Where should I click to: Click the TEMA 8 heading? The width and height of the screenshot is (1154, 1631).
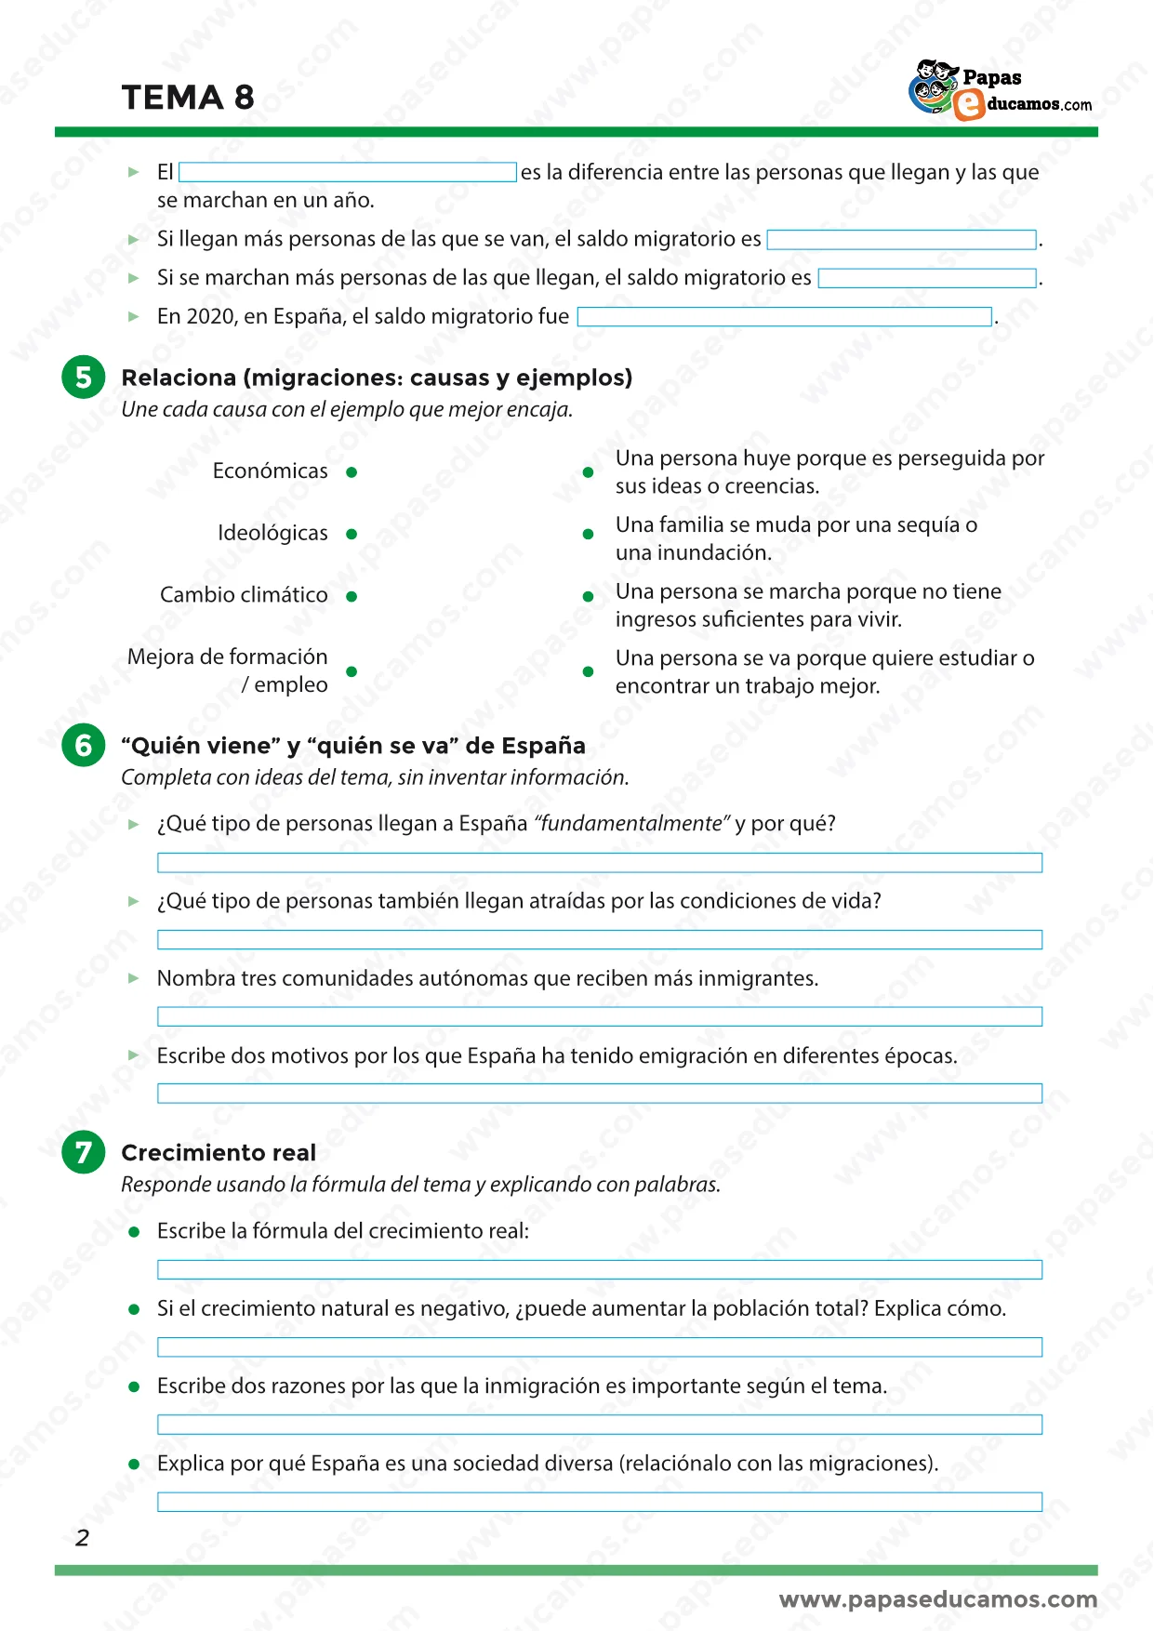coord(188,98)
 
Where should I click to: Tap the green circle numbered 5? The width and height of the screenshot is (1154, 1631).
coord(84,378)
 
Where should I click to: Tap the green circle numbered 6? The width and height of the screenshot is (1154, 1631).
coord(84,746)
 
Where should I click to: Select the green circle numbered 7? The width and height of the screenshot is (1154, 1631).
coord(84,1152)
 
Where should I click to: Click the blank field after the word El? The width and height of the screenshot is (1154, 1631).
coord(347,172)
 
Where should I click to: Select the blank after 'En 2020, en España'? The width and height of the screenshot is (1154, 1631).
coord(784,317)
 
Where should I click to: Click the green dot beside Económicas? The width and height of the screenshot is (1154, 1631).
coord(352,472)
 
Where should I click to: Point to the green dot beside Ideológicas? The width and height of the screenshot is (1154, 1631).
coord(352,534)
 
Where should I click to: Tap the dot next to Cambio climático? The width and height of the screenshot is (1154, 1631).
coord(352,596)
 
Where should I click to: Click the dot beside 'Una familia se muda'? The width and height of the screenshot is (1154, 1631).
coord(588,534)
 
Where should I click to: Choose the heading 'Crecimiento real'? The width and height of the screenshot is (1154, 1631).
coord(219,1153)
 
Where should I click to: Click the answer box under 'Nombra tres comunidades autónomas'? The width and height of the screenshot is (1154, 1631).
coord(599,1016)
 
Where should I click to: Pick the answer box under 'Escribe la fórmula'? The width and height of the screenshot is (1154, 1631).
coord(599,1269)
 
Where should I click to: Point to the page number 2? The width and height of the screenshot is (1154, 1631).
coord(82,1538)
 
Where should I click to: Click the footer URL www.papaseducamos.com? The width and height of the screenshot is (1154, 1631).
coord(937,1599)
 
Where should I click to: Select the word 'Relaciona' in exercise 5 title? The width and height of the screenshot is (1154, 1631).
coord(179,378)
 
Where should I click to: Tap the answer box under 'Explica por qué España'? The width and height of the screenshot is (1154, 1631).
coord(599,1502)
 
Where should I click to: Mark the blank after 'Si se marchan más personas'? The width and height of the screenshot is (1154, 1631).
coord(926,278)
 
